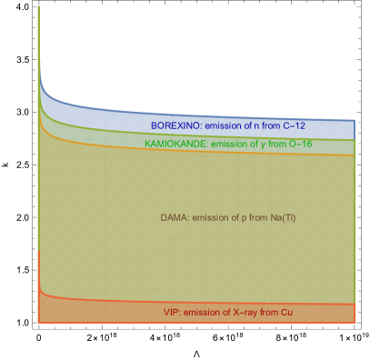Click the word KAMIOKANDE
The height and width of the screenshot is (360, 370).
pos(176,144)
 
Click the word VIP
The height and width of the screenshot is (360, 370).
pos(172,313)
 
